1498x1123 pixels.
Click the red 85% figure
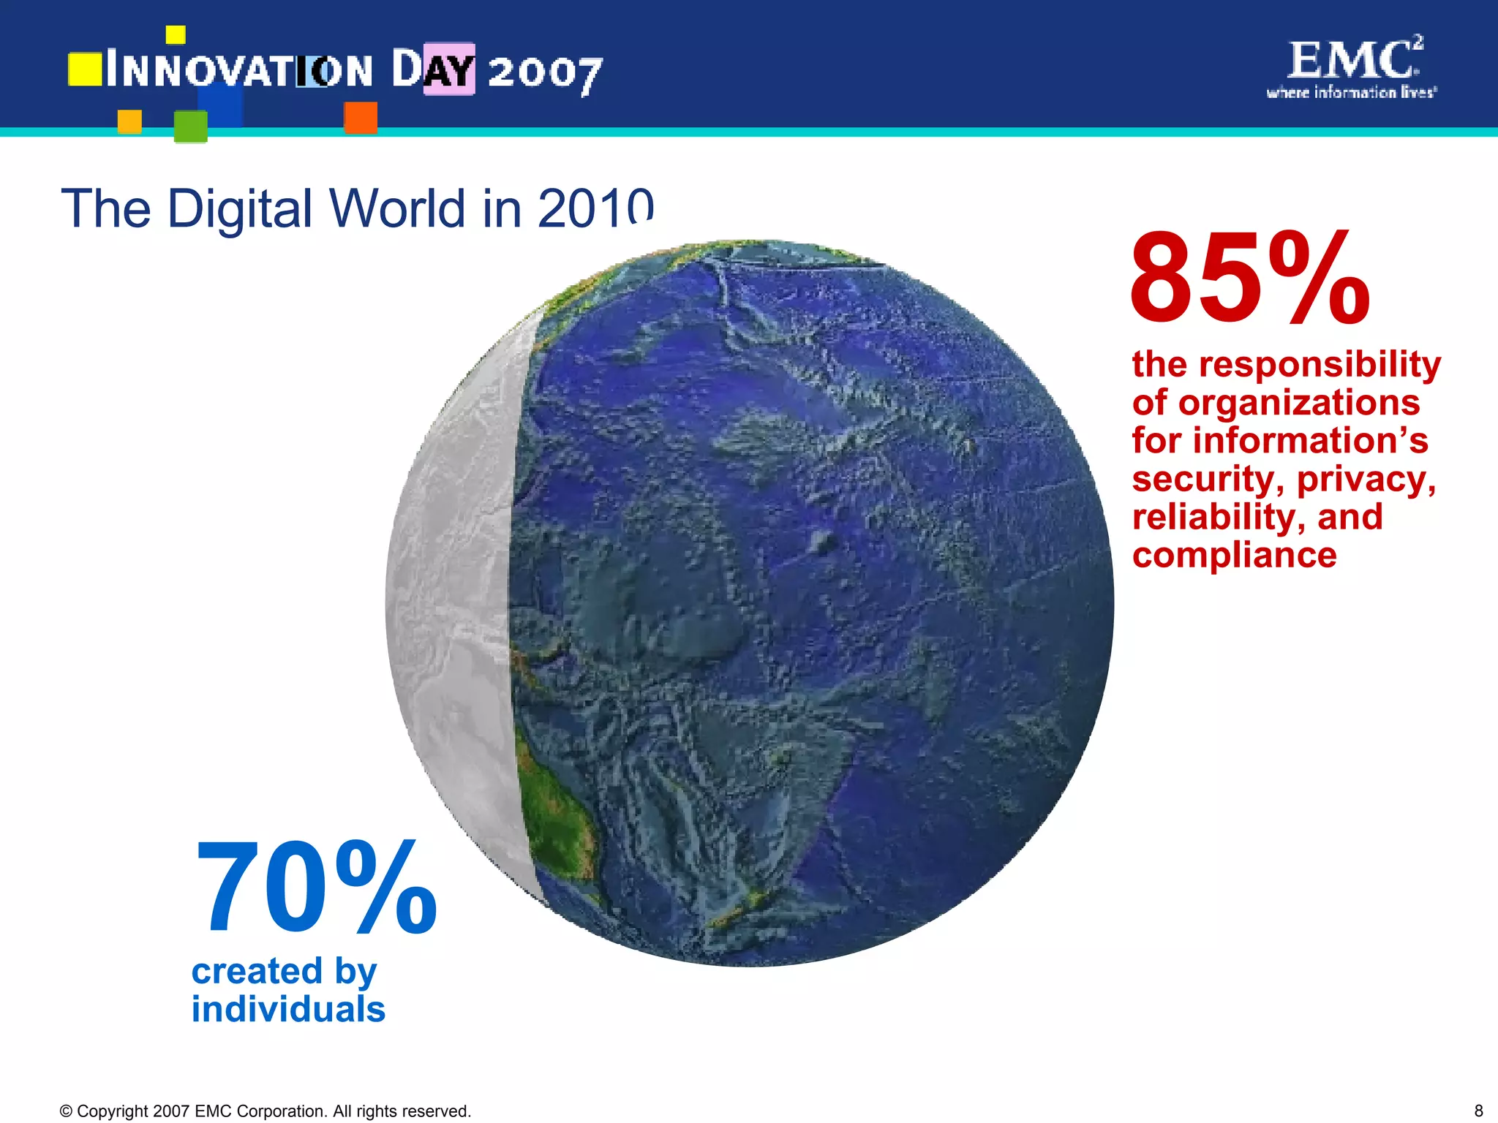coord(1249,279)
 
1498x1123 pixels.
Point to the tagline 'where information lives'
coord(1352,92)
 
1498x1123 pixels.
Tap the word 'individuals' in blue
coord(288,1009)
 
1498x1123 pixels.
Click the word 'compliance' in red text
coord(1234,555)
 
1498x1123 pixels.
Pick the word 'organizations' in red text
coord(1299,403)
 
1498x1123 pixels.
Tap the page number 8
coord(1478,1111)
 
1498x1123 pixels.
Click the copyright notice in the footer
coord(265,1111)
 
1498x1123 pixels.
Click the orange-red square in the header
coord(361,117)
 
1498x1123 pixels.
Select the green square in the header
coord(190,126)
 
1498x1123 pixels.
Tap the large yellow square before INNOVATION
coord(85,69)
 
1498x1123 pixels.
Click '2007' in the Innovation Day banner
coord(545,72)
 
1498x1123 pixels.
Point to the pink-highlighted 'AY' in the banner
coord(449,69)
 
